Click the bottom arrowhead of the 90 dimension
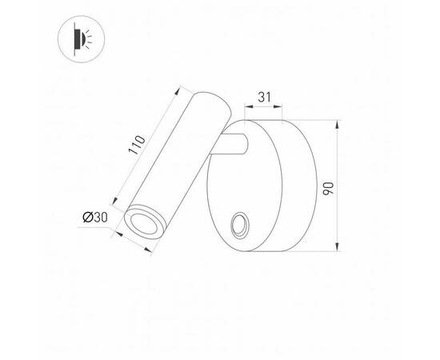[x=339, y=249]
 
